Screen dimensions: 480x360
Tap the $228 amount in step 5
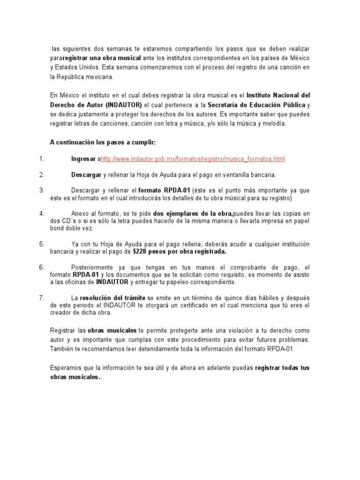(140, 252)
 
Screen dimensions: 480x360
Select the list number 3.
(42, 190)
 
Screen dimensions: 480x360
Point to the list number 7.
(42, 298)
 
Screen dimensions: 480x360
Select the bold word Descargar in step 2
(86, 175)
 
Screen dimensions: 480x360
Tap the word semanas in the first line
(121, 49)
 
